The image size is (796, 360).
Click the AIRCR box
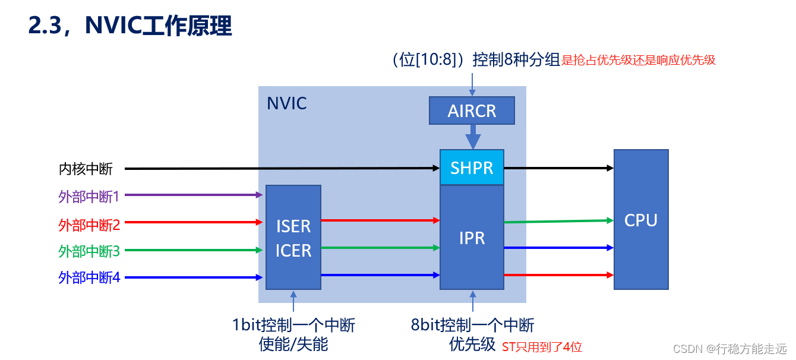pyautogui.click(x=472, y=110)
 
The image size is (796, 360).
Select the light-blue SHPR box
pyautogui.click(x=472, y=168)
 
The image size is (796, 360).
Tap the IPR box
pyautogui.click(x=472, y=238)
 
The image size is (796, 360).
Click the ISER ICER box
pyautogui.click(x=293, y=238)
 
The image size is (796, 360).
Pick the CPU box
pyautogui.click(x=641, y=220)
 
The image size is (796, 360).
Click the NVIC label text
pyautogui.click(x=287, y=103)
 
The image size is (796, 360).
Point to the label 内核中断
pyautogui.click(x=86, y=169)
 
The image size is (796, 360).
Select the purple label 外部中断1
pyautogui.click(x=89, y=197)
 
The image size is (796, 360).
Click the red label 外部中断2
pyautogui.click(x=89, y=225)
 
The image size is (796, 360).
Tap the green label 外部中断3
pyautogui.click(x=89, y=251)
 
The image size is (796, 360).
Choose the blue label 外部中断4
pyautogui.click(x=89, y=277)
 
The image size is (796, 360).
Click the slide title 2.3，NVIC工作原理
pyautogui.click(x=129, y=26)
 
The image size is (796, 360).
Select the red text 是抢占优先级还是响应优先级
pyautogui.click(x=639, y=60)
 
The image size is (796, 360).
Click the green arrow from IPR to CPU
pyautogui.click(x=558, y=221)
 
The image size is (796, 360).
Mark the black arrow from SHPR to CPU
pyautogui.click(x=558, y=168)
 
